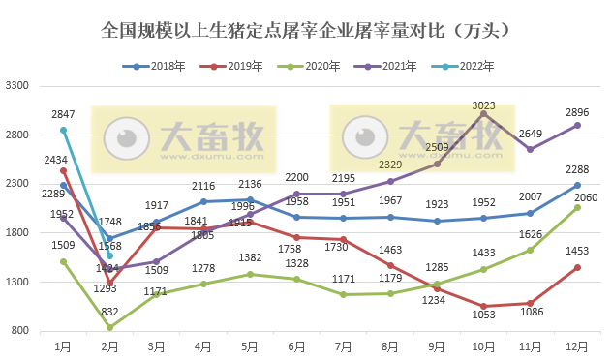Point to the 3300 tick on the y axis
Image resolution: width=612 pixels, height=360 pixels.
click(x=18, y=86)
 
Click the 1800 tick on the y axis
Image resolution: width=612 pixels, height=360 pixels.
click(x=18, y=233)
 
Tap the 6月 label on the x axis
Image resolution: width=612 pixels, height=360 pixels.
click(x=297, y=344)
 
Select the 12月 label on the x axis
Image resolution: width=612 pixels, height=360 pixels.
click(x=577, y=344)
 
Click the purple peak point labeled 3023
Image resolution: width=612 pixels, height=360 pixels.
click(x=483, y=113)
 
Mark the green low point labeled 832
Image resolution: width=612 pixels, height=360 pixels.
click(x=109, y=327)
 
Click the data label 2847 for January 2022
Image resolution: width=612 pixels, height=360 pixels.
click(x=63, y=114)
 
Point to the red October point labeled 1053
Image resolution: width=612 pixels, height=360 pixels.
click(x=483, y=306)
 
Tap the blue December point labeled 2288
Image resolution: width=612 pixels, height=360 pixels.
click(x=577, y=185)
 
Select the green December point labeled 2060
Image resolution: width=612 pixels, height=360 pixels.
click(x=577, y=207)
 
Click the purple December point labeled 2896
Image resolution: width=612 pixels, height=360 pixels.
click(x=577, y=126)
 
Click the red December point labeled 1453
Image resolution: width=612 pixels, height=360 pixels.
click(x=577, y=267)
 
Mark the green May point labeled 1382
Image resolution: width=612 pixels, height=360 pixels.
click(x=250, y=274)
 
